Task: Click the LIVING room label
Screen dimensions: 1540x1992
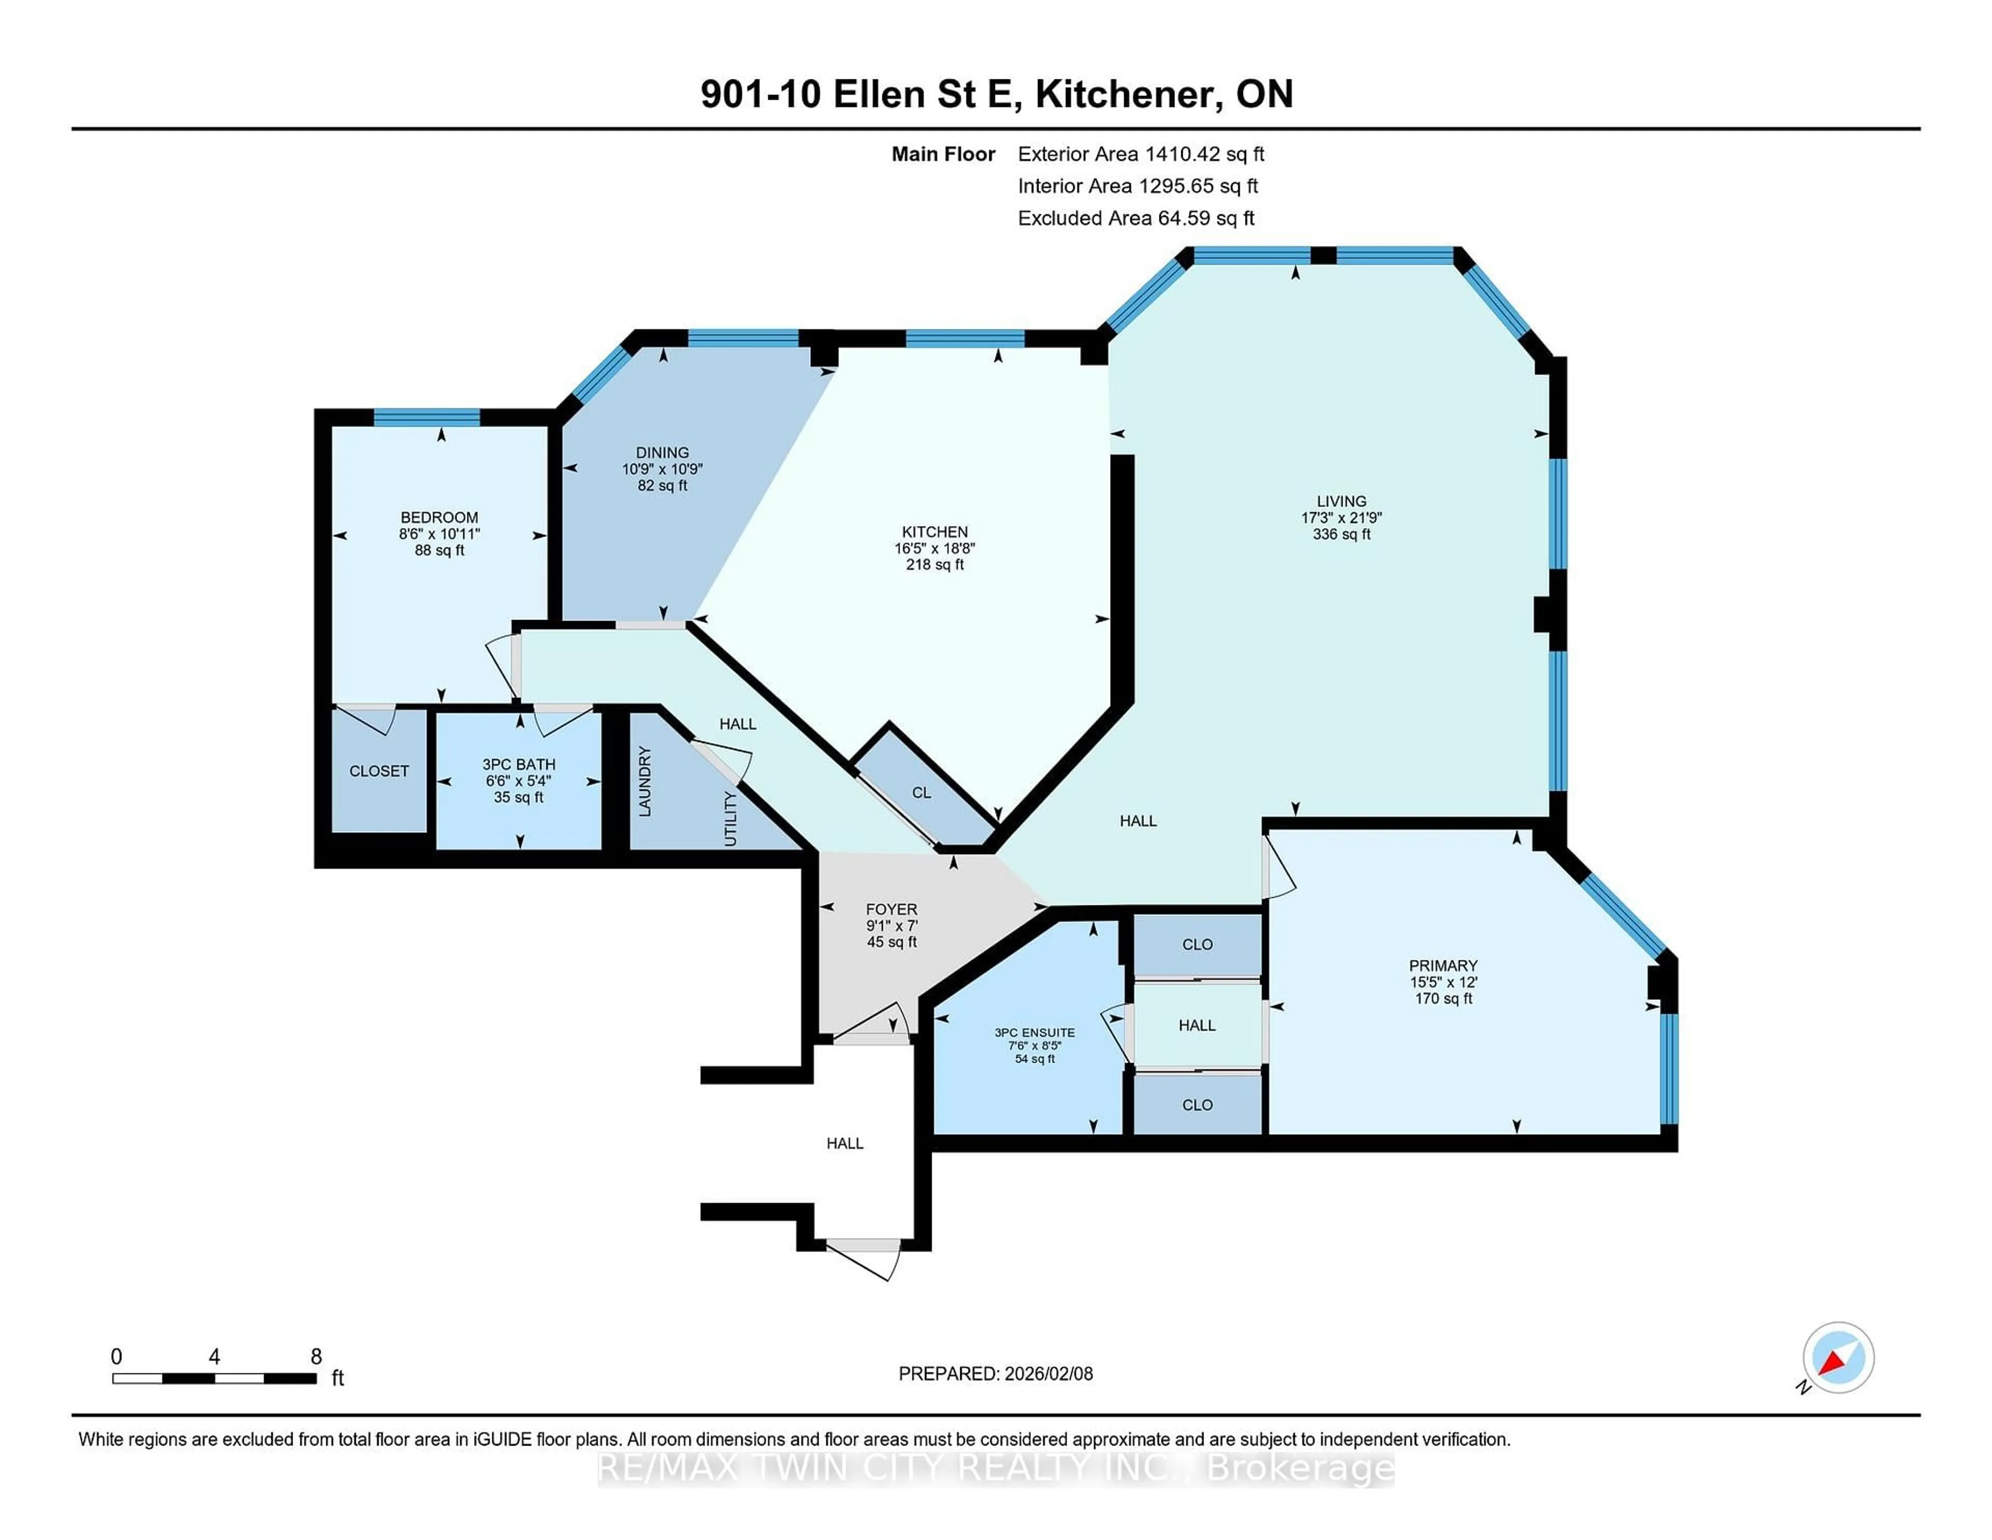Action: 1341,501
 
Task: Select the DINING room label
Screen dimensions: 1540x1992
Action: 662,452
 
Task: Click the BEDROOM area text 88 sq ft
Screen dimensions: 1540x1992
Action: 439,550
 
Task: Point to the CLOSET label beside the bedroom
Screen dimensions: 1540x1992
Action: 379,771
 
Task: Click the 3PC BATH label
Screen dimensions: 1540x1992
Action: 518,764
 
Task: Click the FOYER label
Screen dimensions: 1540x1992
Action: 891,910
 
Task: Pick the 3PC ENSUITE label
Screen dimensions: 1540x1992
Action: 1034,1033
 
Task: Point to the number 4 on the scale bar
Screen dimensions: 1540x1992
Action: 214,1357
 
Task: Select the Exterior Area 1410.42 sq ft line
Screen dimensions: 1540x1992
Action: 1140,154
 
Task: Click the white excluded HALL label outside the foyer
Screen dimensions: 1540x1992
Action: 845,1143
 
